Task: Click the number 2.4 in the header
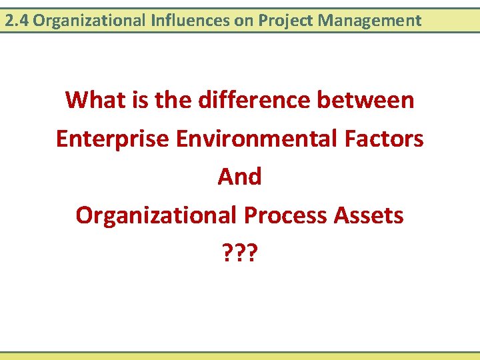(x=17, y=21)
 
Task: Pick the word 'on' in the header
(x=243, y=21)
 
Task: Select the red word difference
(x=252, y=100)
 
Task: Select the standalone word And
(x=240, y=177)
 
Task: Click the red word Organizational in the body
(x=157, y=215)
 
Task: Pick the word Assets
(x=369, y=215)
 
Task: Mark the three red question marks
(x=240, y=254)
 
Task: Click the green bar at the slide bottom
(x=240, y=356)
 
